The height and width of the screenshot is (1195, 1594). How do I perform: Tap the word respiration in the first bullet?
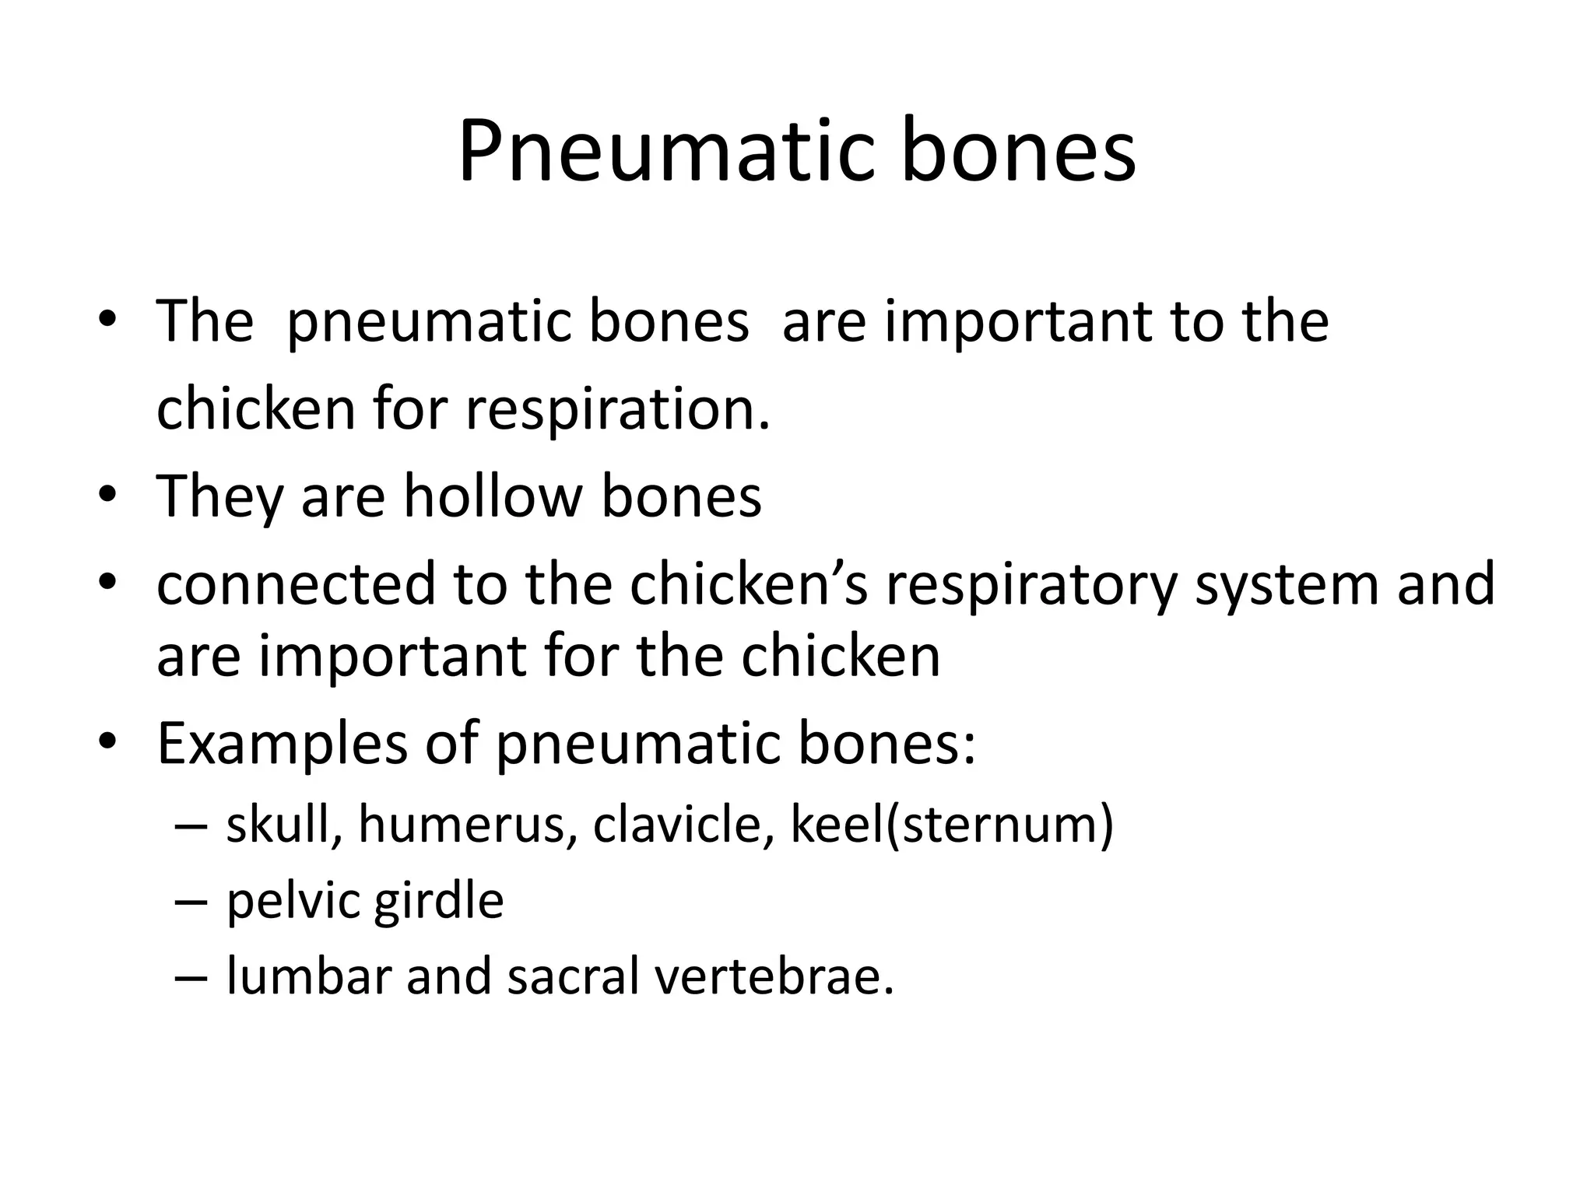pyautogui.click(x=617, y=409)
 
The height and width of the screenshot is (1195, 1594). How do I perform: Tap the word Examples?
pyautogui.click(x=282, y=744)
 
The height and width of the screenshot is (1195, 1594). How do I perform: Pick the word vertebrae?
pyautogui.click(x=774, y=976)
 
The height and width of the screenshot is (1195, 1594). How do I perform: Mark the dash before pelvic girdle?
pyautogui.click(x=191, y=902)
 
